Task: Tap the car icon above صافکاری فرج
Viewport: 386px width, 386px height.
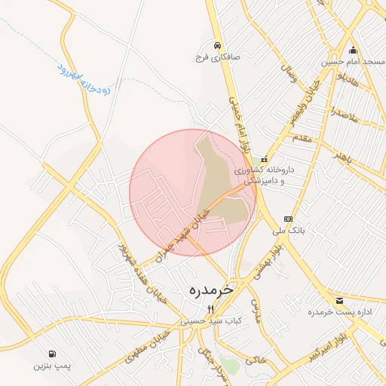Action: pyautogui.click(x=216, y=44)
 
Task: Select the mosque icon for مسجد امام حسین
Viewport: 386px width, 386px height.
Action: pyautogui.click(x=353, y=50)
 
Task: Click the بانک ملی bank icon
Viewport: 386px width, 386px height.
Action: pyautogui.click(x=287, y=219)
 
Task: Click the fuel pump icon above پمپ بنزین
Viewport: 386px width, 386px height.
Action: pyautogui.click(x=51, y=354)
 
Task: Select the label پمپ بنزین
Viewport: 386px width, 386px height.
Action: pyautogui.click(x=51, y=366)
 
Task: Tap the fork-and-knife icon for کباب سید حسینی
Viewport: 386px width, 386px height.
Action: pyautogui.click(x=211, y=309)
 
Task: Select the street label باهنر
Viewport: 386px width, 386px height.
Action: pyautogui.click(x=343, y=158)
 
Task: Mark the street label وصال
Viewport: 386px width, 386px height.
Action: pyautogui.click(x=286, y=74)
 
